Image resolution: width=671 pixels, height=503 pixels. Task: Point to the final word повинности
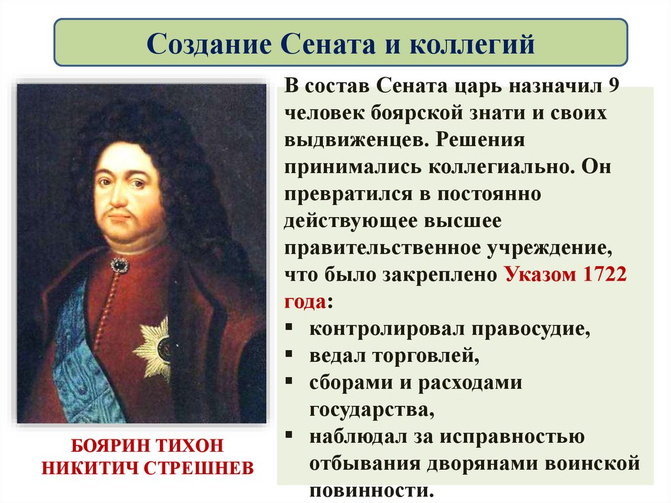click(371, 491)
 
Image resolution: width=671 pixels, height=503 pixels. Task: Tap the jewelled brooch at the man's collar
click(119, 265)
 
